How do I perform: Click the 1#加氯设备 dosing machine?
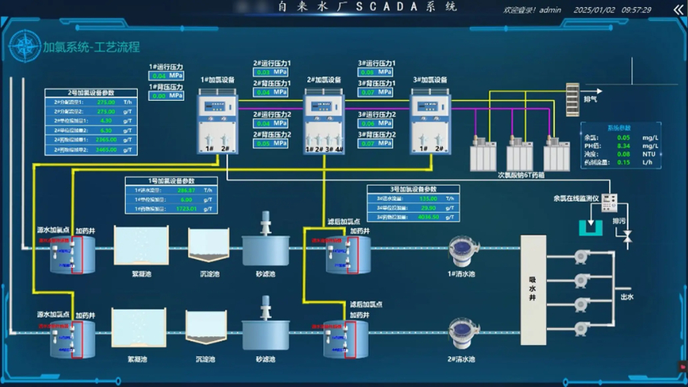216,121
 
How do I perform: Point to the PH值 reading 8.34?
623,146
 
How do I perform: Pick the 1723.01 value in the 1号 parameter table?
186,209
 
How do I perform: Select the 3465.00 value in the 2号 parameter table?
106,149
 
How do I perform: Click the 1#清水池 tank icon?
462,252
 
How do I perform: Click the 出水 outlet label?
627,297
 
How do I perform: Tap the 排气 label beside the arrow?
590,99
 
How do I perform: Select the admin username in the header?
550,10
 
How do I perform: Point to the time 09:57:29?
636,10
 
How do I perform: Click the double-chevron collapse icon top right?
678,10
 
